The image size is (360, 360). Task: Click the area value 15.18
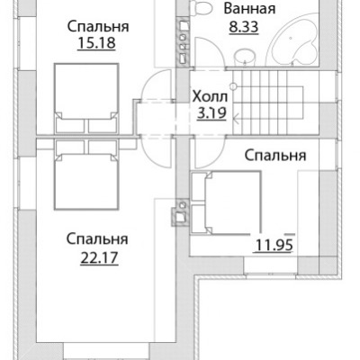click(x=96, y=43)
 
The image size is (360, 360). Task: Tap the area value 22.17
click(x=99, y=257)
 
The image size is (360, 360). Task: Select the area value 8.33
click(x=244, y=27)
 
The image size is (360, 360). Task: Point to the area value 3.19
click(x=211, y=113)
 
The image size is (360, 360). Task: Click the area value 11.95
click(x=274, y=245)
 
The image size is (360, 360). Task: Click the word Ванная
click(x=249, y=8)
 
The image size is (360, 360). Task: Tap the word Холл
click(x=210, y=97)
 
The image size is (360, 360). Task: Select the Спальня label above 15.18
click(x=98, y=26)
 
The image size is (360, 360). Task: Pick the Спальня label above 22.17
click(x=97, y=239)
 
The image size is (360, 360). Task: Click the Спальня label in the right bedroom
click(x=275, y=156)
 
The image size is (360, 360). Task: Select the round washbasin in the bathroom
click(x=245, y=57)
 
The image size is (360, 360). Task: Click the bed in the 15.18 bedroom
click(x=86, y=98)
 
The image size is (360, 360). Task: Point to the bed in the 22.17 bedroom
click(x=86, y=175)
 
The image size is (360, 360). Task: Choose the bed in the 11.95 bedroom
click(x=226, y=202)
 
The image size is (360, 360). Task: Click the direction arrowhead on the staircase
click(x=236, y=119)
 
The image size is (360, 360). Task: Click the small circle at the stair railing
click(x=233, y=86)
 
